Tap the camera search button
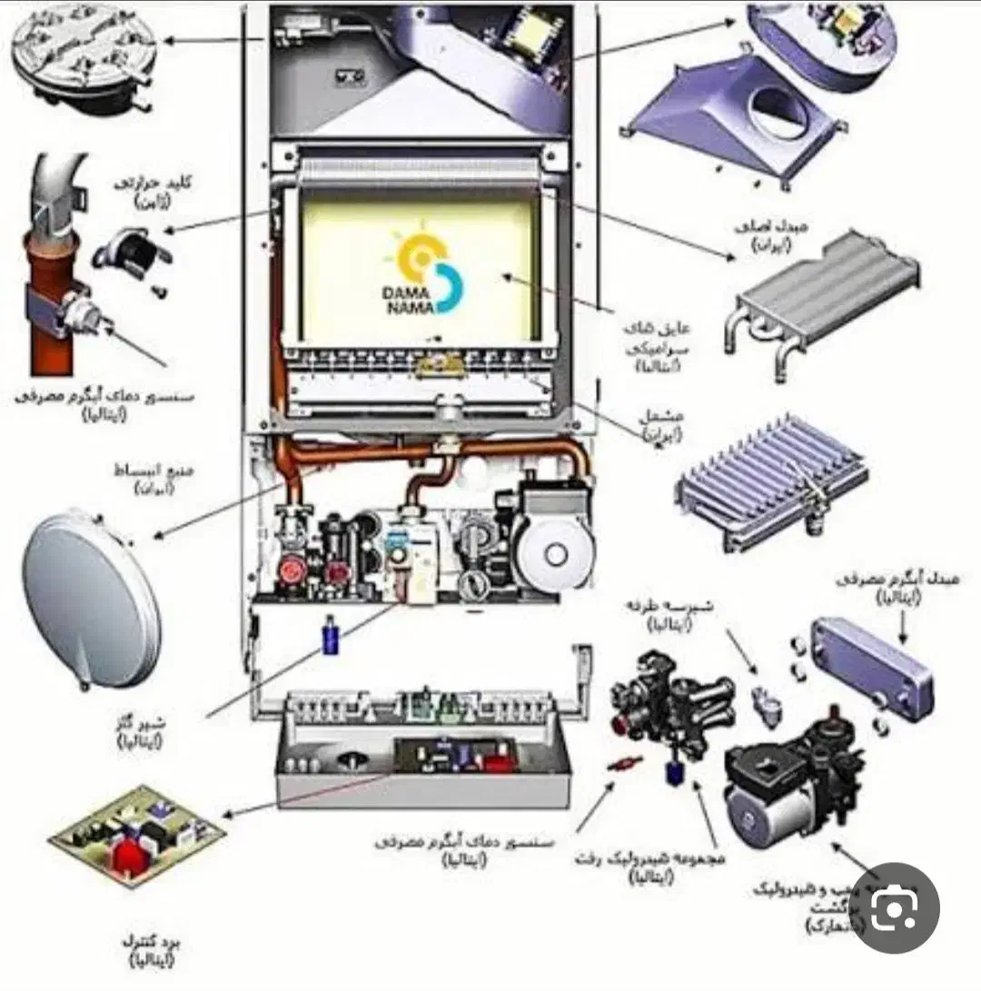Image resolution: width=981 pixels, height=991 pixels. pyautogui.click(x=895, y=908)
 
